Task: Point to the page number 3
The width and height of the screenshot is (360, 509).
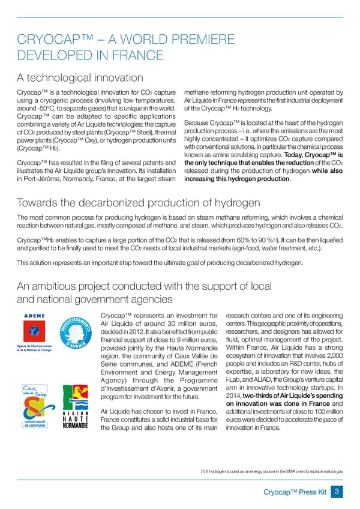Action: click(x=338, y=492)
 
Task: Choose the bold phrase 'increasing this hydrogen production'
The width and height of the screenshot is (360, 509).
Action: click(x=238, y=178)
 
